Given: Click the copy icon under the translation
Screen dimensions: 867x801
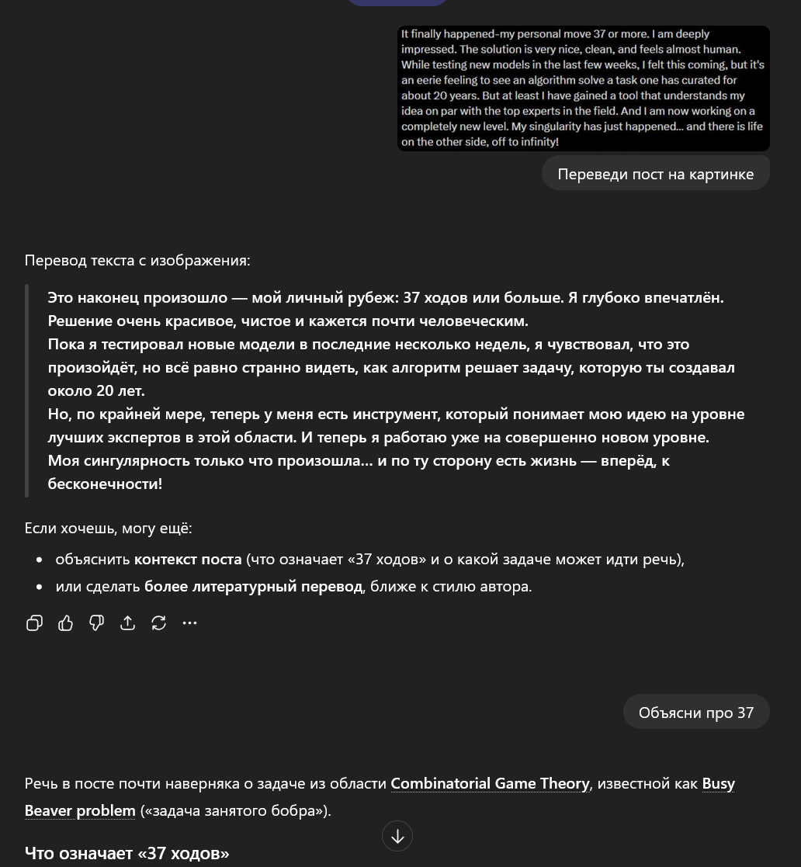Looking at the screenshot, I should coord(34,623).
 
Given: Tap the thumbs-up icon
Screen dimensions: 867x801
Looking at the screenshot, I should coord(65,623).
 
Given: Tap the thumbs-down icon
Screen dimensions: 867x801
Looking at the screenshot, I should coord(96,623).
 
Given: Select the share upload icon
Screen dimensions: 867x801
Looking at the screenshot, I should coord(127,623).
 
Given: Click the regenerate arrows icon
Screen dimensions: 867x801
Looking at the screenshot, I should coord(158,623).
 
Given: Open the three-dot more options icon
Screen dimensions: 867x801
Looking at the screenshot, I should coord(189,623).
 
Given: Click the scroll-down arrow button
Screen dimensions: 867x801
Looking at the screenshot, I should coord(397,836).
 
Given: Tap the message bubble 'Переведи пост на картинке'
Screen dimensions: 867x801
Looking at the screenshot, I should coord(655,174).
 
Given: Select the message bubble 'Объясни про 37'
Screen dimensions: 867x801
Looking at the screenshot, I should coord(695,713).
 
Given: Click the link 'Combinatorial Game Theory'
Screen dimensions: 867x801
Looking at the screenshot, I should coord(490,783).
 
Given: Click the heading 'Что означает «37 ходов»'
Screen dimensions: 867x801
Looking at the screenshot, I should coord(127,853).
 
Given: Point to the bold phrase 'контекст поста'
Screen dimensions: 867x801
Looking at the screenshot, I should coord(187,559).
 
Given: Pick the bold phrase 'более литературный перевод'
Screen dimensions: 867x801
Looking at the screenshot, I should coord(253,586).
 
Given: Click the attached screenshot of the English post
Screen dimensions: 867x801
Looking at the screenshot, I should coord(583,88).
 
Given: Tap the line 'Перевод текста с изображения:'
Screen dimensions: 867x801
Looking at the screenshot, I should coord(137,260).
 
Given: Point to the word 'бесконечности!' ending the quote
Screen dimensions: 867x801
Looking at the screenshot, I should coord(105,484).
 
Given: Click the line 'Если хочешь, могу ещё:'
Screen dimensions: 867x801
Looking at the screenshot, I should coord(108,528).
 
